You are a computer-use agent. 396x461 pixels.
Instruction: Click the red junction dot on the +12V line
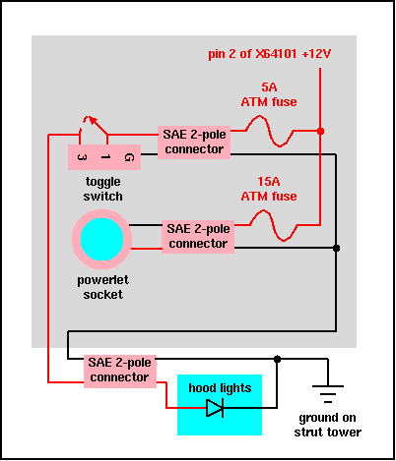coord(320,131)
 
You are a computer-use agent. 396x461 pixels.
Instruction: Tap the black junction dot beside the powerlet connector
coord(336,249)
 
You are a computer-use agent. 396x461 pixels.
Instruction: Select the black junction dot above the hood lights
coord(277,359)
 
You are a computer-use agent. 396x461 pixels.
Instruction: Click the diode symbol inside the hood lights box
coord(215,408)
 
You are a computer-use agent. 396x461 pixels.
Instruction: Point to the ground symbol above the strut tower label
coord(328,394)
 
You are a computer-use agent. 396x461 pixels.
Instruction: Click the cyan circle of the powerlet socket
coord(101,239)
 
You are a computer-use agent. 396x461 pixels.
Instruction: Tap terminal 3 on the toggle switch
coord(82,157)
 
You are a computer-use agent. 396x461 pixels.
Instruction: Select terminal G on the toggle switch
coord(129,157)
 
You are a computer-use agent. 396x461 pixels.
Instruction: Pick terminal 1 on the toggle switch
coord(105,157)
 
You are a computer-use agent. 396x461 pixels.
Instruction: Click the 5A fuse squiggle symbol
coord(269,131)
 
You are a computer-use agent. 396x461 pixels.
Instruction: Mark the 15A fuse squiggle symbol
coord(273,225)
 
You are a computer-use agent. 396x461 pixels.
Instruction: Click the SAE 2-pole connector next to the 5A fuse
coord(194,143)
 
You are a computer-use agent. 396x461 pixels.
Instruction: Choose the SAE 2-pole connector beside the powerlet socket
coord(198,237)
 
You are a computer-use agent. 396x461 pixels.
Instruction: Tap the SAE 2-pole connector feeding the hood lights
coord(120,372)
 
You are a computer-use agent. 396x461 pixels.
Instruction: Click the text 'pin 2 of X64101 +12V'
coord(270,54)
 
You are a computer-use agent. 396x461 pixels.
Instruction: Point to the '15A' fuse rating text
coord(269,182)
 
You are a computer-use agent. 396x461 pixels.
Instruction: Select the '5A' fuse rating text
coord(269,87)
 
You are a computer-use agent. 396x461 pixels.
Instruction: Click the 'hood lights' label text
coord(220,388)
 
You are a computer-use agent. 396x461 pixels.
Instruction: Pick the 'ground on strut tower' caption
coord(328,425)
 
